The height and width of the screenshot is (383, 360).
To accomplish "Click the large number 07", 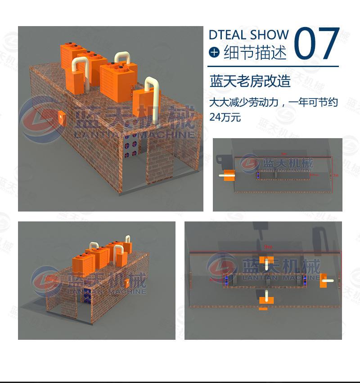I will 316,44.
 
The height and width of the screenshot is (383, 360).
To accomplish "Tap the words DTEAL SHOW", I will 248,35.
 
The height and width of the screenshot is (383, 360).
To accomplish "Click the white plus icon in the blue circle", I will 214,53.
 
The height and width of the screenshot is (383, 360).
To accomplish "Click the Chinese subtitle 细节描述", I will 255,53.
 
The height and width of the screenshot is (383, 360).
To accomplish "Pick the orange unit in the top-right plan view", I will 229,176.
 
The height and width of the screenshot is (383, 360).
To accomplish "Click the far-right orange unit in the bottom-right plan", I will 325,281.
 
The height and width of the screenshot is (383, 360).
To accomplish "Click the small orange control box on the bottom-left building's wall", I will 128,283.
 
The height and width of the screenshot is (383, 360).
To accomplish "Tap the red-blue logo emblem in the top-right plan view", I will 250,163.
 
